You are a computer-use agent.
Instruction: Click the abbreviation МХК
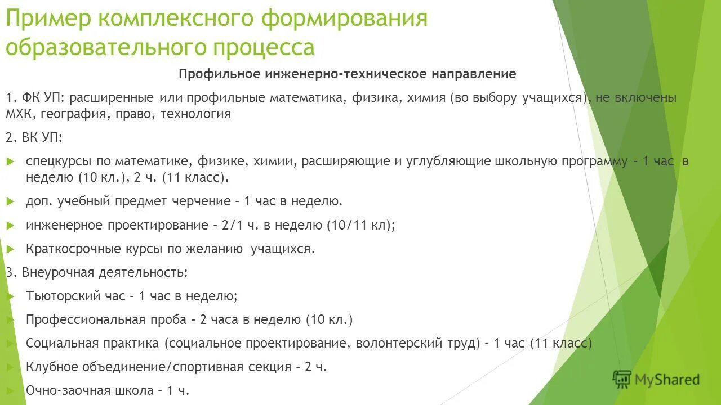[19, 114]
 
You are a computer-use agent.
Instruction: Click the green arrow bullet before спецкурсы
[10, 161]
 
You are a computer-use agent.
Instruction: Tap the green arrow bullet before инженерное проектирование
[10, 225]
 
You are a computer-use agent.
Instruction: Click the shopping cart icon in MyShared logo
[622, 380]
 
